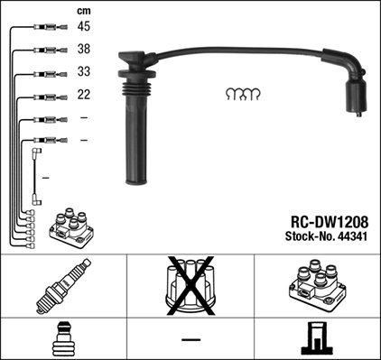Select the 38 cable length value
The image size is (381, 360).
pyautogui.click(x=85, y=51)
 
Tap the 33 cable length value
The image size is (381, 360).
pyautogui.click(x=85, y=73)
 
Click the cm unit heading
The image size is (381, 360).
pyautogui.click(x=85, y=10)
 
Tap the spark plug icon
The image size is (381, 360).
pyautogui.click(x=62, y=287)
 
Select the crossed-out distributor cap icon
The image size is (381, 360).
pyautogui.click(x=190, y=285)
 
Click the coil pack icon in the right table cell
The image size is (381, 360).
pyautogui.click(x=317, y=286)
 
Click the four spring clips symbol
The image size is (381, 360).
pyautogui.click(x=243, y=94)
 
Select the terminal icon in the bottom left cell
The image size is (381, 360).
pyautogui.click(x=62, y=338)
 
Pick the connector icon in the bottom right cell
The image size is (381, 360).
pyautogui.click(x=317, y=338)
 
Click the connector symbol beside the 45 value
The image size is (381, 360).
pyautogui.click(x=49, y=30)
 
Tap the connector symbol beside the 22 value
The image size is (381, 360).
pyautogui.click(x=49, y=97)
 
